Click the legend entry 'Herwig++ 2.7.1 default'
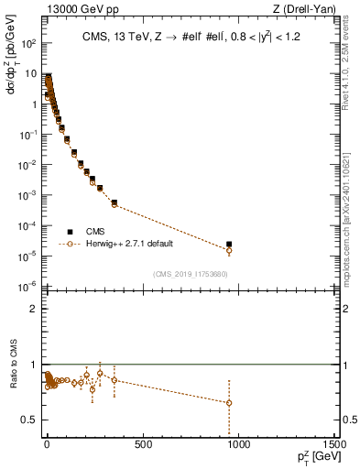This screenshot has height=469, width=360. click(125, 244)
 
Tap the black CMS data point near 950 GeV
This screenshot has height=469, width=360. click(229, 245)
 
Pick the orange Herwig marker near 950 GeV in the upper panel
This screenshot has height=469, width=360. click(229, 250)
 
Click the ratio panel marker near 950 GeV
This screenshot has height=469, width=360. click(229, 402)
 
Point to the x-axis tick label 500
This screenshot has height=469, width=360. click(143, 446)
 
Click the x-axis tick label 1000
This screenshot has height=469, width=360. click(239, 446)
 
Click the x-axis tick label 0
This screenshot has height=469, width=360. click(47, 446)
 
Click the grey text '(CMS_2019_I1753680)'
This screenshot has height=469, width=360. click(190, 274)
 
